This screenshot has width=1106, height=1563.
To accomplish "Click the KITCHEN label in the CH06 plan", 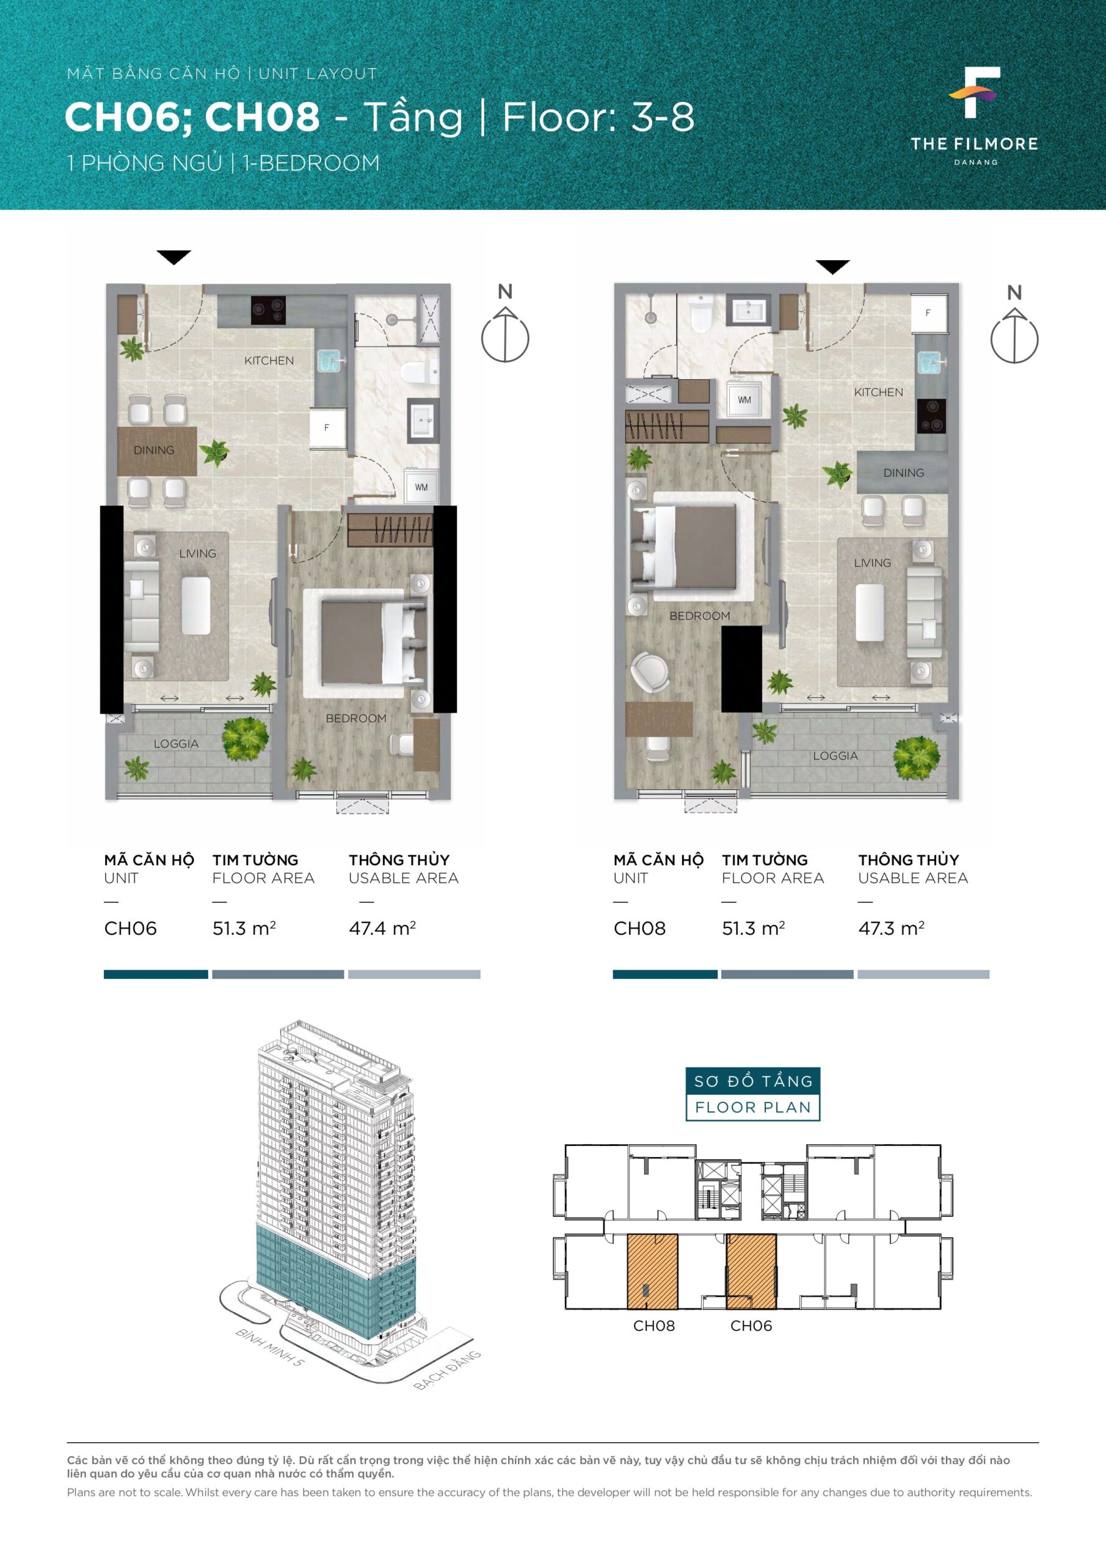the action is pos(269,361).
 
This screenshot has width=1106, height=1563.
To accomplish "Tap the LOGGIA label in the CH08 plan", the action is pos(835,756).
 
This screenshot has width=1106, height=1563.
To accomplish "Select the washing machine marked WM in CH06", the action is pos(421,486).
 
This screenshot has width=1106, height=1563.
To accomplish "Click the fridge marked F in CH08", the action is pos(928,313).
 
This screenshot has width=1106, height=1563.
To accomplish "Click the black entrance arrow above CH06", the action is pos(173,257).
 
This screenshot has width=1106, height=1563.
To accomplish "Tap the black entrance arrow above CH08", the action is pos(832,267).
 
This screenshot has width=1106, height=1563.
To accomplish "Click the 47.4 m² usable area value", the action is pos(382,929).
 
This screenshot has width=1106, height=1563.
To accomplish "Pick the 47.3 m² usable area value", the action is pos(891,929).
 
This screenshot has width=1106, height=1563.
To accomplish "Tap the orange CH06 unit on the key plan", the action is pos(751,1271).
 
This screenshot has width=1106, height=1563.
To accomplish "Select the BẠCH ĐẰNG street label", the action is pos(448,1369).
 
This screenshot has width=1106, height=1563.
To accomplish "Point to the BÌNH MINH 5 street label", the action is pos(270,1347).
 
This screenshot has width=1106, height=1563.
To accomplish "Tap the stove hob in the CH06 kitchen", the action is pos(268,310).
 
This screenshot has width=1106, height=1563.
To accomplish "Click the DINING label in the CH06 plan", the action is pos(154,450).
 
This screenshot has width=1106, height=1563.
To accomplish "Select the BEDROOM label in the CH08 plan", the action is pos(699,615).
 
